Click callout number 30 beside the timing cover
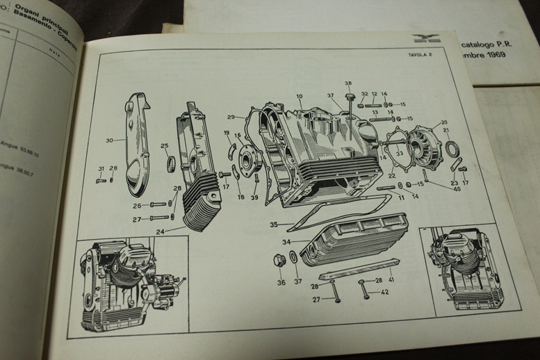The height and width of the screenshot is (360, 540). click(x=109, y=141)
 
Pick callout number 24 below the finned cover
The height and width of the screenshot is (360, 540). click(x=161, y=231)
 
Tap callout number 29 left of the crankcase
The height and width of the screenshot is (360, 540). click(x=231, y=117)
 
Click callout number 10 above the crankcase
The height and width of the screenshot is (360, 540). click(x=300, y=97)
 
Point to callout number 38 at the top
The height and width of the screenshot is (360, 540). click(x=348, y=83)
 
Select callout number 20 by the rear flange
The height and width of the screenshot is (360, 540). click(x=444, y=123)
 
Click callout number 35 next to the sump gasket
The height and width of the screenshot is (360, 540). click(x=275, y=224)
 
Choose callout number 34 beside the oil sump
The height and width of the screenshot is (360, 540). click(x=286, y=242)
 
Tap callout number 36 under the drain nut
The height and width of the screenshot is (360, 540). click(x=281, y=282)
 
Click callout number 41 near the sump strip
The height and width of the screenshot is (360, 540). click(x=392, y=279)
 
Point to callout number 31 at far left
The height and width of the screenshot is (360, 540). click(x=101, y=169)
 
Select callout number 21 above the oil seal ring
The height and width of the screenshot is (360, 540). click(x=447, y=131)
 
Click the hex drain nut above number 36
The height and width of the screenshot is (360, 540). click(x=280, y=262)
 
